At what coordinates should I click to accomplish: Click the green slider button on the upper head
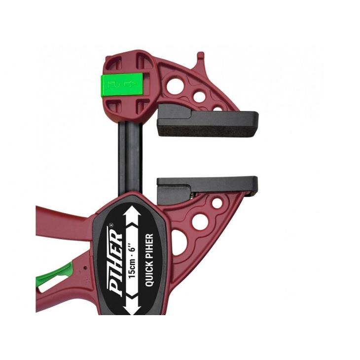tap(122, 84)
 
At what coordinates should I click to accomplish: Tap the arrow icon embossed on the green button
tap(130, 84)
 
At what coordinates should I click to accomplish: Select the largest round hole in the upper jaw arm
tap(175, 86)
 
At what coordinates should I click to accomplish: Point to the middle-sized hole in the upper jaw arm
tap(199, 97)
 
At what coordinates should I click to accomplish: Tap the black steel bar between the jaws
tap(130, 158)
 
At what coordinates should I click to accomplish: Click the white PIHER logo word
tap(116, 261)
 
